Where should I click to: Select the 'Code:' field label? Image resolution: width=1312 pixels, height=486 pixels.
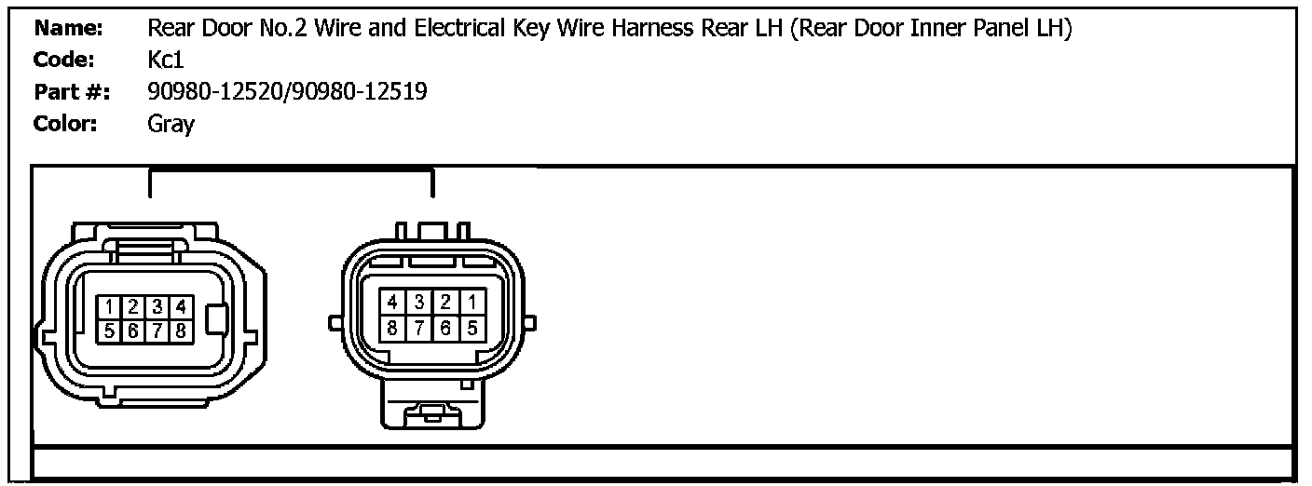pyautogui.click(x=64, y=61)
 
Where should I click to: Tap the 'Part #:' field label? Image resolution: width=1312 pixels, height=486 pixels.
pyautogui.click(x=71, y=92)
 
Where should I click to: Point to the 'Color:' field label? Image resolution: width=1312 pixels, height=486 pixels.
pyautogui.click(x=65, y=124)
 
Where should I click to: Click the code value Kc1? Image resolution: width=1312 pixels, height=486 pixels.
pyautogui.click(x=166, y=61)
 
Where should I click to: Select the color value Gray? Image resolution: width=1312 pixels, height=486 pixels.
pyautogui.click(x=171, y=124)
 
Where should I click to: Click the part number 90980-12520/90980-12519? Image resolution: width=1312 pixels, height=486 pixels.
pyautogui.click(x=287, y=92)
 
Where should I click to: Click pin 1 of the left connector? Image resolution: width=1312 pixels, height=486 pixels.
pyautogui.click(x=110, y=306)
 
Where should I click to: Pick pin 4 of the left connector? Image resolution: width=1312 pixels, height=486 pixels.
pyautogui.click(x=181, y=306)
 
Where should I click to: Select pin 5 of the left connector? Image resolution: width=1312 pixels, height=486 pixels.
pyautogui.click(x=110, y=329)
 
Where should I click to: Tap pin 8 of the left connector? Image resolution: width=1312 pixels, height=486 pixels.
pyautogui.click(x=181, y=329)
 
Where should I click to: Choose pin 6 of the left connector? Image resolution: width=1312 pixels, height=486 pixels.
pyautogui.click(x=133, y=329)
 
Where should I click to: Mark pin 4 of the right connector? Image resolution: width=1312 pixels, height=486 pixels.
pyautogui.click(x=393, y=303)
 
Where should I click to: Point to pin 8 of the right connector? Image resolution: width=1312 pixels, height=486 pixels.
pyautogui.click(x=393, y=327)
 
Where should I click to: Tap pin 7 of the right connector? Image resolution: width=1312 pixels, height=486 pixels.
pyautogui.click(x=419, y=327)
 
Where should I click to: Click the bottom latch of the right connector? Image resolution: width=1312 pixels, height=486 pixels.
pyautogui.click(x=430, y=411)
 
